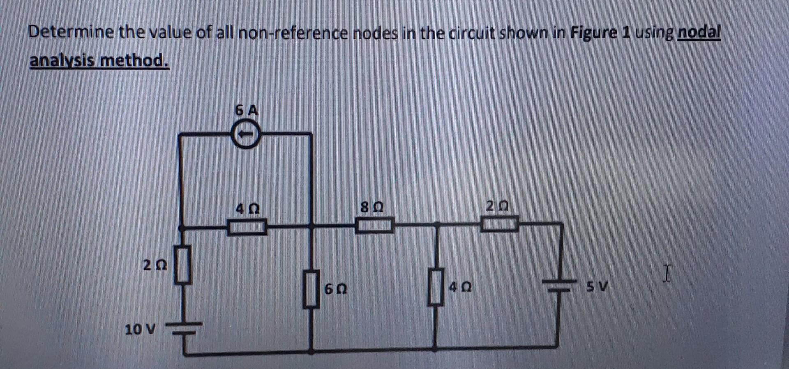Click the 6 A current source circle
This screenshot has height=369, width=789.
click(245, 134)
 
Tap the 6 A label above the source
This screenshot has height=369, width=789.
click(247, 111)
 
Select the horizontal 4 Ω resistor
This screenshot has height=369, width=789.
click(247, 226)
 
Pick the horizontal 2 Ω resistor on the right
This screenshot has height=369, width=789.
click(499, 224)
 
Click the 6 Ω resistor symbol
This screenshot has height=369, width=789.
click(311, 288)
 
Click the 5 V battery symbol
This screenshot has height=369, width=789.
click(558, 285)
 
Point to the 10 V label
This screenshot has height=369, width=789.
click(140, 329)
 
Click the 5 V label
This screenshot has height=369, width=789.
click(597, 286)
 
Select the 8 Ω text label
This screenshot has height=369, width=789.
click(372, 206)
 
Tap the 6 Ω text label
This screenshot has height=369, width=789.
click(336, 289)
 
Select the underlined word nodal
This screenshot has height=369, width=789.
click(699, 32)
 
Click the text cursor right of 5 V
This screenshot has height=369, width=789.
click(667, 274)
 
